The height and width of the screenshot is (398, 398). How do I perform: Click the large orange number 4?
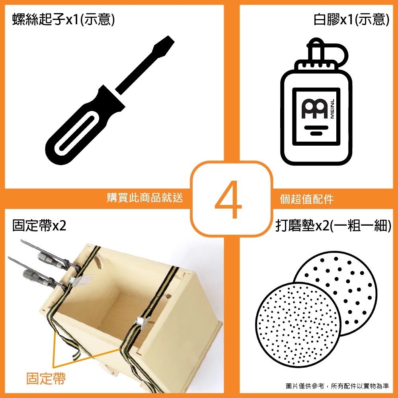click(228, 199)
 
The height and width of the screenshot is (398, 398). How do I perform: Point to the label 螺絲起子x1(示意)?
click(64, 20)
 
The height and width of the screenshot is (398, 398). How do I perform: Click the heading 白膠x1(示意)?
click(351, 20)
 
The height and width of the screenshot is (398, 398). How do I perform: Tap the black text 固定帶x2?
click(39, 225)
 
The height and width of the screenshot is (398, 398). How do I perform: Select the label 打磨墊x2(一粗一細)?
click(333, 225)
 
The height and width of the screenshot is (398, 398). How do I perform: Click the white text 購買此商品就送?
click(145, 197)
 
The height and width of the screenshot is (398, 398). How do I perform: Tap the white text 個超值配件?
click(307, 199)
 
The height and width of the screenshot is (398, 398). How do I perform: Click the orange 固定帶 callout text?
click(46, 378)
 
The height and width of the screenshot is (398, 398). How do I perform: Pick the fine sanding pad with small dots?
click(298, 325)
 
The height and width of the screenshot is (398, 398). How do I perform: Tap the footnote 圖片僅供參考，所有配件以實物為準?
click(338, 386)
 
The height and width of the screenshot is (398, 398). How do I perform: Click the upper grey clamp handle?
click(48, 259)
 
